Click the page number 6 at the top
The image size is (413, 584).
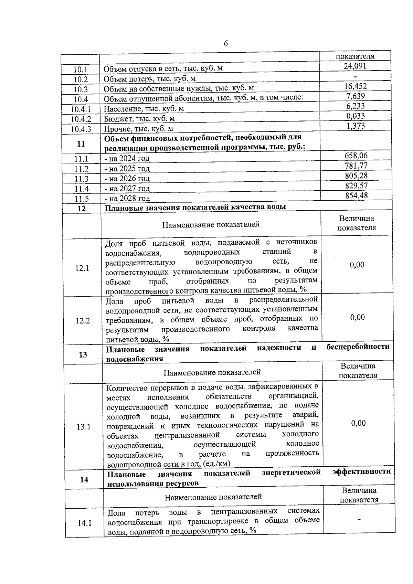click(x=225, y=44)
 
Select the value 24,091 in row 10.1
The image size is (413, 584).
click(x=355, y=66)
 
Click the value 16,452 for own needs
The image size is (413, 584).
click(x=356, y=86)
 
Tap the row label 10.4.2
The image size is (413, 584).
click(x=81, y=119)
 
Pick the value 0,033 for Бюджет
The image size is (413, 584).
click(x=356, y=116)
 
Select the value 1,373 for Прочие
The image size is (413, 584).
click(x=356, y=126)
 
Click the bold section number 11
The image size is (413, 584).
click(x=81, y=144)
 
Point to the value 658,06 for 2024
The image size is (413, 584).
click(x=356, y=156)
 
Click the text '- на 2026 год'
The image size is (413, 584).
click(x=127, y=178)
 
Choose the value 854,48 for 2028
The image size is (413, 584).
click(x=356, y=195)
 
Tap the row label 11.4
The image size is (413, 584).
click(x=82, y=189)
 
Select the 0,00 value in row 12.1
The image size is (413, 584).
click(x=357, y=265)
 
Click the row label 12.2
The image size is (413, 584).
click(x=83, y=321)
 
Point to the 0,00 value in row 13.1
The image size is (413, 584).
click(x=358, y=423)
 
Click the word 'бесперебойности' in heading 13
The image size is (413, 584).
click(x=358, y=347)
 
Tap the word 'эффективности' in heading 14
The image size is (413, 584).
click(x=361, y=471)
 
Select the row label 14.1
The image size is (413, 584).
click(x=84, y=523)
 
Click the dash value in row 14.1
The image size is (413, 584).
click(x=359, y=519)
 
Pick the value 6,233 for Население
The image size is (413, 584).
click(x=356, y=106)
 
